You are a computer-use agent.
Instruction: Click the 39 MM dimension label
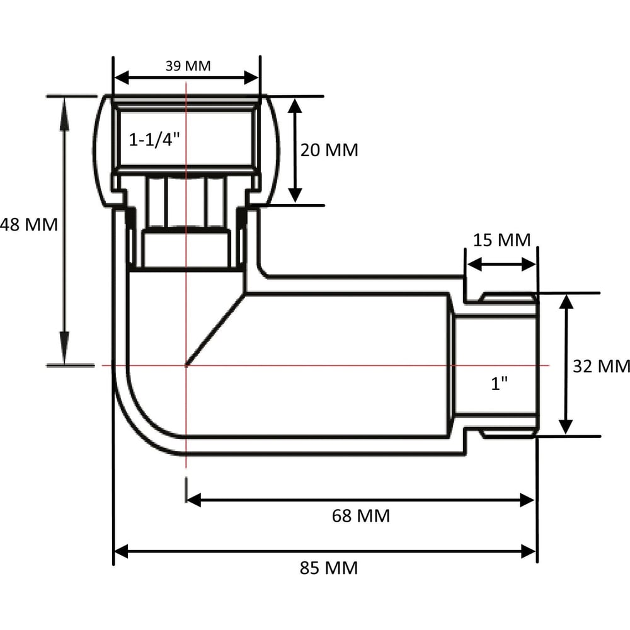coord(188,66)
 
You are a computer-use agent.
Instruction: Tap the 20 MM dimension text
coord(329,151)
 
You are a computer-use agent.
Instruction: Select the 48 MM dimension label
coord(29,225)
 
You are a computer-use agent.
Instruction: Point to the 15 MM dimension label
coord(502,240)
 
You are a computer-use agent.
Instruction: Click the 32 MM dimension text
coord(601,367)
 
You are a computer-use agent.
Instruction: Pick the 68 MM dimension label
coord(361,516)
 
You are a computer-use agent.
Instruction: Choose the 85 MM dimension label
coord(329,568)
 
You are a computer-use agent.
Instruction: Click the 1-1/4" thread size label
coord(154,140)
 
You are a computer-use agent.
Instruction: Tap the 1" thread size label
coord(500,384)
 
